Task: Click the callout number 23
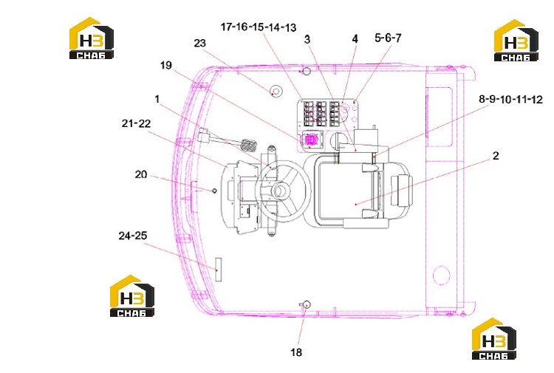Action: point(199,43)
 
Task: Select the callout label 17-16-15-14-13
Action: point(259,27)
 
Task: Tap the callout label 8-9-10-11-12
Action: point(510,100)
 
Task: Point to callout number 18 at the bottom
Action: point(296,352)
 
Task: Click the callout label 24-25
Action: point(133,236)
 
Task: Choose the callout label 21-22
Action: point(136,123)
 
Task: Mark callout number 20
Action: point(141,174)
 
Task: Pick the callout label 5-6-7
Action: point(388,38)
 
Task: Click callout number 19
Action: point(166,65)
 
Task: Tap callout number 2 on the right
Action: point(496,156)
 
